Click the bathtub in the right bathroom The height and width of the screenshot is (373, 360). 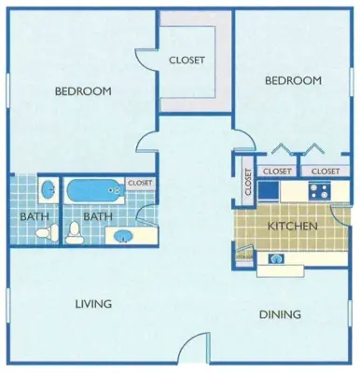pyautogui.click(x=93, y=192)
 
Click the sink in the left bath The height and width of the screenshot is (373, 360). pyautogui.click(x=47, y=190)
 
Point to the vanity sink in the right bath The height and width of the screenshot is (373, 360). pyautogui.click(x=122, y=235)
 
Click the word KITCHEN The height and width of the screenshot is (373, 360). pyautogui.click(x=293, y=227)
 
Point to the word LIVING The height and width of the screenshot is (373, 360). pyautogui.click(x=94, y=304)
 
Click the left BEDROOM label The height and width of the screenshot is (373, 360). pyautogui.click(x=83, y=91)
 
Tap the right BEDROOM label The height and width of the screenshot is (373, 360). pyautogui.click(x=293, y=81)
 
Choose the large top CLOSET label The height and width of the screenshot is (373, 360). pyautogui.click(x=187, y=61)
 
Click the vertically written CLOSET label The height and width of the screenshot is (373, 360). pyautogui.click(x=248, y=181)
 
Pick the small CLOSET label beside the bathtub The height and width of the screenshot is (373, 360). pyautogui.click(x=140, y=183)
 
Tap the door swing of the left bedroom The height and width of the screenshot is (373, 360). pyautogui.click(x=147, y=142)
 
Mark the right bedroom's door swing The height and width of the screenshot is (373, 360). pyautogui.click(x=241, y=141)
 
